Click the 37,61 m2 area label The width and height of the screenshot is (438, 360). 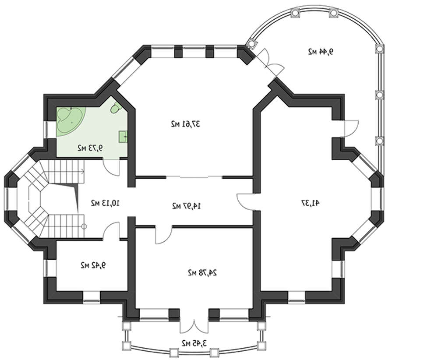(185, 124)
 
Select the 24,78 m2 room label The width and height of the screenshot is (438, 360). (202, 272)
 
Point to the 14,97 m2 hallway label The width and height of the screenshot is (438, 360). (186, 206)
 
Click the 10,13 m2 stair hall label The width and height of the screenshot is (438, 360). (105, 203)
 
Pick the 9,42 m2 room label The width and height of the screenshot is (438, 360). (93, 265)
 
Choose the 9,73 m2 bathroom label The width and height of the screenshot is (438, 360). (90, 148)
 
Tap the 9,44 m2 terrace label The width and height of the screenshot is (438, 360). (321, 52)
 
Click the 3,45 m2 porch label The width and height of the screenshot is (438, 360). (194, 342)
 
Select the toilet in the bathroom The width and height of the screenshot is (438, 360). (115, 108)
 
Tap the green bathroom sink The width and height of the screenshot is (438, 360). (123, 137)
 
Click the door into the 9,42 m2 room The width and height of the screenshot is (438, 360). (111, 231)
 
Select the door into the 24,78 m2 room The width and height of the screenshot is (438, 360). (164, 235)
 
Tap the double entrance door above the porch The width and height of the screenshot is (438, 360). (194, 324)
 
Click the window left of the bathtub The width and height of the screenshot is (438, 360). (47, 130)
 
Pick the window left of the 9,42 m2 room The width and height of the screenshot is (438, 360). (47, 268)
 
